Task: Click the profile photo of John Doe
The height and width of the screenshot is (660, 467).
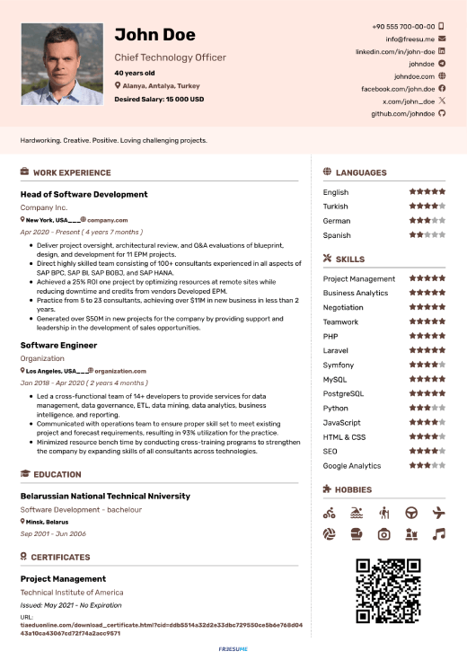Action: click(x=62, y=64)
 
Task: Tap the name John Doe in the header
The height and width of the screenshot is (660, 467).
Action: click(x=154, y=35)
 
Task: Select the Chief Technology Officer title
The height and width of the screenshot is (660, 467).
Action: click(x=170, y=57)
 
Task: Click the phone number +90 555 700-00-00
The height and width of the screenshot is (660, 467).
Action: click(x=403, y=27)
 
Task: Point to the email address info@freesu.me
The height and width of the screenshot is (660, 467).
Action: click(x=410, y=40)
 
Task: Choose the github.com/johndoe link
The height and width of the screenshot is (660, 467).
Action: click(x=403, y=114)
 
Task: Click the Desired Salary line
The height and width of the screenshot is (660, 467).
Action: click(x=159, y=99)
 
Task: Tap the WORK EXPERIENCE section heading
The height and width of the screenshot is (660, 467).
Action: click(x=72, y=172)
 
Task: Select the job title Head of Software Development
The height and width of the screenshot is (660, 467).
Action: click(x=84, y=194)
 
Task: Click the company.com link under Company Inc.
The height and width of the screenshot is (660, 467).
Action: click(x=107, y=220)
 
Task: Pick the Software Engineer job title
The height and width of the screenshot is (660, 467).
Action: click(x=58, y=345)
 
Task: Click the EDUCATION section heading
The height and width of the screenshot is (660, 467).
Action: click(x=57, y=474)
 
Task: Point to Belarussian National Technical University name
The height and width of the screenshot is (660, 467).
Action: click(x=105, y=496)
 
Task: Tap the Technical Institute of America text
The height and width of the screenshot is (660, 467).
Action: click(x=72, y=593)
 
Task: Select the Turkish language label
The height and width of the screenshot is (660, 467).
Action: click(x=335, y=207)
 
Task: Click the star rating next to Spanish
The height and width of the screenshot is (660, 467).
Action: click(x=427, y=235)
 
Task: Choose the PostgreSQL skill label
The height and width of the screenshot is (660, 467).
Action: click(x=343, y=394)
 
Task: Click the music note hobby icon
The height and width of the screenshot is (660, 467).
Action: click(x=438, y=533)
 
